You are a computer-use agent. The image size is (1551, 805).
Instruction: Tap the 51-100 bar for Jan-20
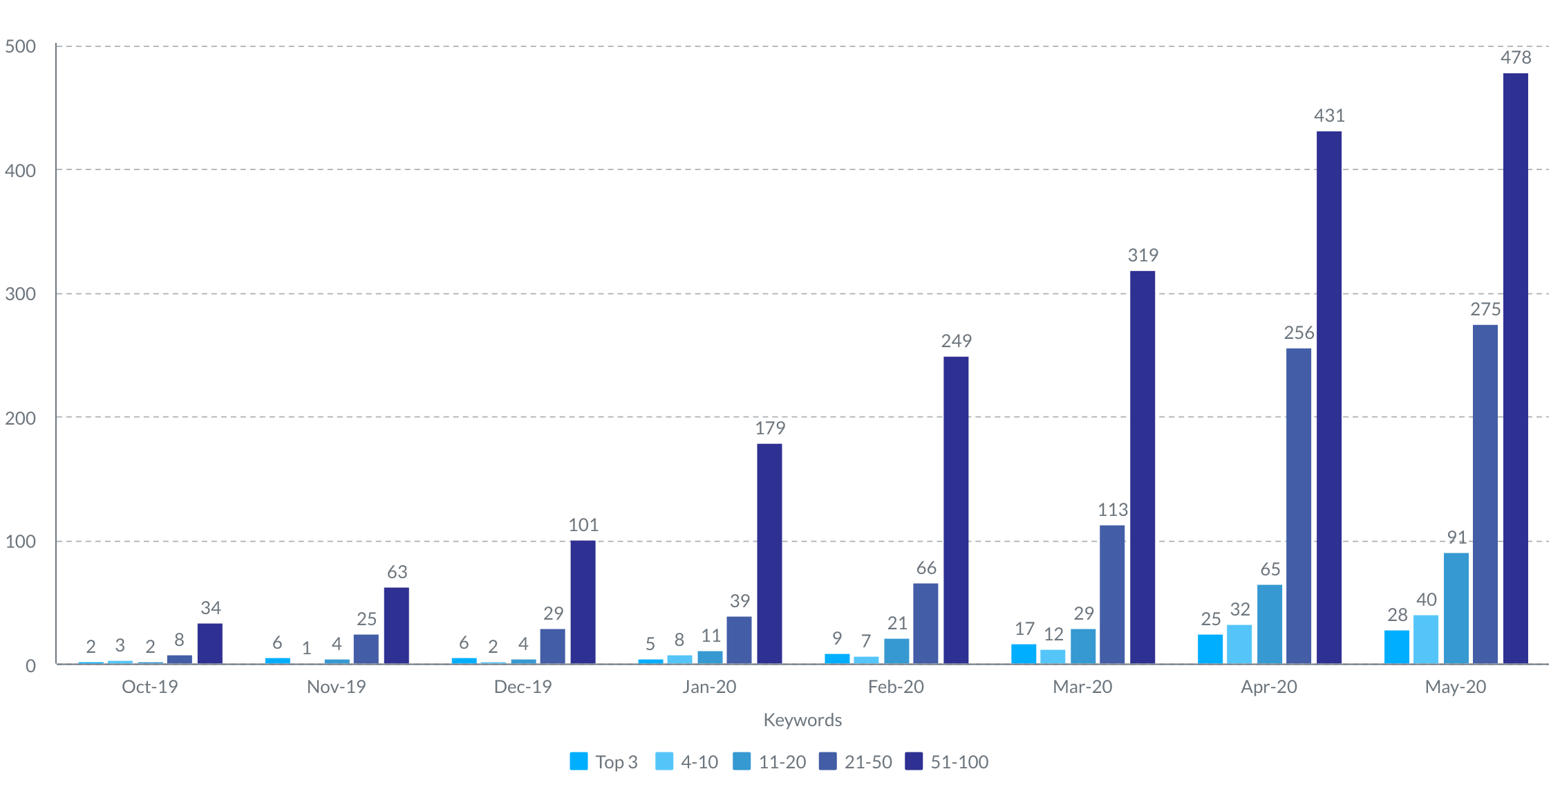point(769,554)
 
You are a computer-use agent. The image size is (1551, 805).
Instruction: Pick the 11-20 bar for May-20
point(1456,609)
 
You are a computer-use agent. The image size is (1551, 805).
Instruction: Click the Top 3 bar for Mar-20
point(1024,654)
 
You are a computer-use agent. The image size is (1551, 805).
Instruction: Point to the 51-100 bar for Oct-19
point(210,644)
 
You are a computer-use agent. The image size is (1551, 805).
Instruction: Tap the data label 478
point(1515,57)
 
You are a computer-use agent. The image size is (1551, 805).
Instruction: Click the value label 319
point(1143,255)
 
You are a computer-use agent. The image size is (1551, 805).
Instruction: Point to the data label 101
point(583,525)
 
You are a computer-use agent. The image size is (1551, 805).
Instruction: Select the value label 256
point(1299,333)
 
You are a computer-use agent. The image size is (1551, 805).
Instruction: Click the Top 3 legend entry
point(603,761)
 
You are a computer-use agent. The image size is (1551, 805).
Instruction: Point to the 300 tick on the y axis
point(21,294)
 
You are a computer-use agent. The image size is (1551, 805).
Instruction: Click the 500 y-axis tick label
point(21,46)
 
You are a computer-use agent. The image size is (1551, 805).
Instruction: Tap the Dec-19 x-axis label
point(523,687)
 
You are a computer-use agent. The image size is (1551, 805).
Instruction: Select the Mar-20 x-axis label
point(1082,687)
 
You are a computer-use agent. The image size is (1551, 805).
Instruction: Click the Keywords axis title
point(802,720)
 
